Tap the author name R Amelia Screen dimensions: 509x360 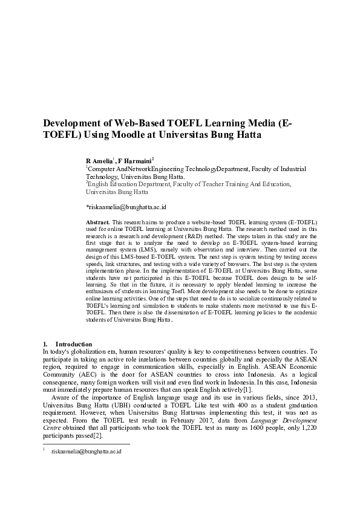click(99, 161)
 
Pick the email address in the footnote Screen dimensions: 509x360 click(87, 451)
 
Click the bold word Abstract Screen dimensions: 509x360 click(97, 223)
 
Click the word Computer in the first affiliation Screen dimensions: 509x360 click(102, 170)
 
